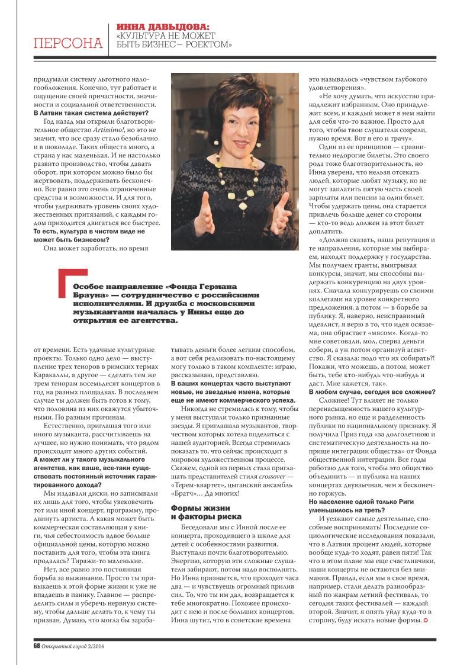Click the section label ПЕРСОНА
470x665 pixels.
67,43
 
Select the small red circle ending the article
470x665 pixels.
426,620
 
